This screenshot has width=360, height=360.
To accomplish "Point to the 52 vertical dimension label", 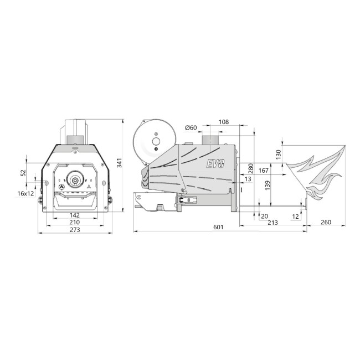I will click(23, 172).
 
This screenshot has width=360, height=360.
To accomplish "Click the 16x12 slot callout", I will click(25, 193).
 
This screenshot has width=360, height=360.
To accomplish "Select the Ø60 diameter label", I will click(191, 128).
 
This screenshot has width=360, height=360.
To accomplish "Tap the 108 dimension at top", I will click(224, 122).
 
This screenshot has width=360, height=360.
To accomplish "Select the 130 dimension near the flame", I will click(279, 154).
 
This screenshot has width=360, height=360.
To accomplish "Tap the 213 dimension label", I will click(272, 223).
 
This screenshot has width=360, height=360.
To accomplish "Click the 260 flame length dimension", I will click(326, 223).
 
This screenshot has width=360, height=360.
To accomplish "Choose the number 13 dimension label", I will click(247, 179).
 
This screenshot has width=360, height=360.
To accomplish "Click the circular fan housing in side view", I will click(156, 141).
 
